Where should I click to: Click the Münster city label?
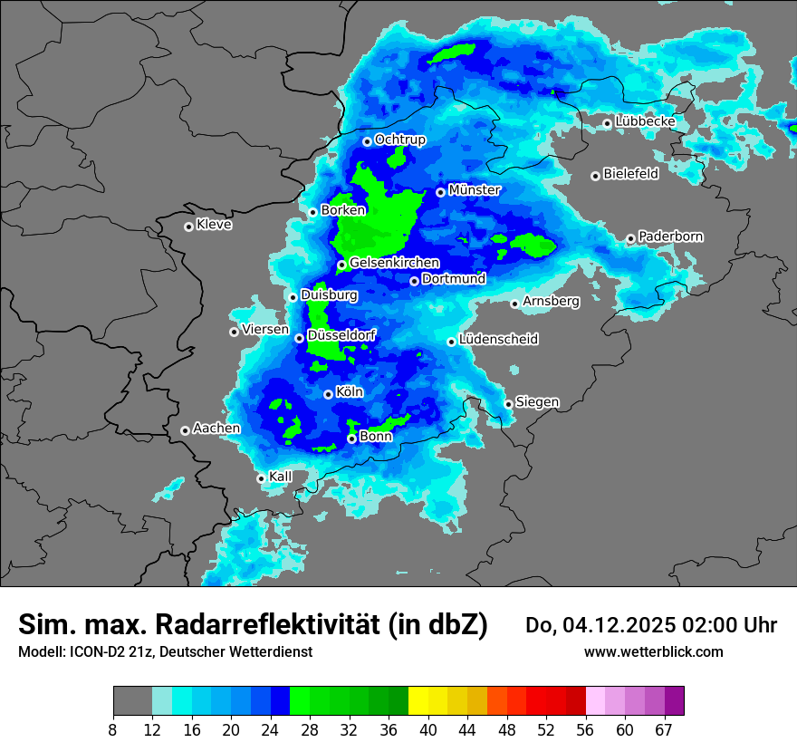coord(475,190)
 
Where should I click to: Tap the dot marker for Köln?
coord(328,394)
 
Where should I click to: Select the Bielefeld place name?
coord(631,174)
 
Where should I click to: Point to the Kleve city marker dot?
coord(188,227)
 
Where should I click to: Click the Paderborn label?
coord(671,236)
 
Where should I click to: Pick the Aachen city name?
coord(216,429)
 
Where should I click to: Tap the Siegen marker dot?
coord(508,404)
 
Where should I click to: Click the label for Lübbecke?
coord(645,121)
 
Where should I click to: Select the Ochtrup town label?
coord(400,140)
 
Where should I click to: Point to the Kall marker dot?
coord(261,478)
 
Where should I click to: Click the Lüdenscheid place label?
coord(499,340)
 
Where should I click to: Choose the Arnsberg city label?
coord(551,301)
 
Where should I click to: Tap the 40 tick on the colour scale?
coord(427,729)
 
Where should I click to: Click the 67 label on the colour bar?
coord(665,729)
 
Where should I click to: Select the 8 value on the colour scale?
coord(113,729)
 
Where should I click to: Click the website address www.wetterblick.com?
coord(654,652)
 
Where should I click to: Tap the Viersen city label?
coord(265,330)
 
